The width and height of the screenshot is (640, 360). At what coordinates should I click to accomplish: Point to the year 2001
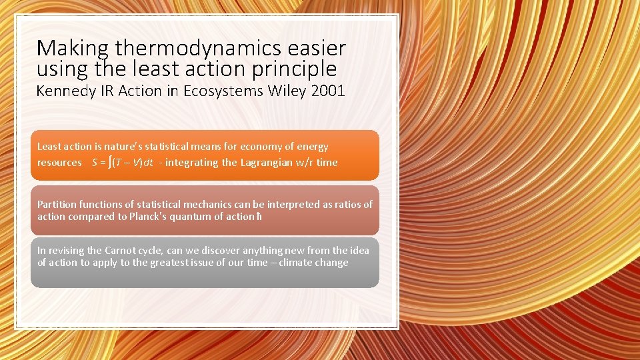click(x=328, y=91)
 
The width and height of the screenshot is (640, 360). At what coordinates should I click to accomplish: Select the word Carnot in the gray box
click(x=122, y=251)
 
